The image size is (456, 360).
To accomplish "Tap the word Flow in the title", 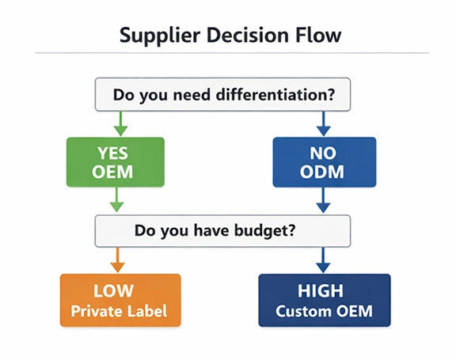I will pos(321,36).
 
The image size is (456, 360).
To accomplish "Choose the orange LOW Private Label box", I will pos(120,300).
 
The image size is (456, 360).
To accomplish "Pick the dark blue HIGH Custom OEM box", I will pos(324,300).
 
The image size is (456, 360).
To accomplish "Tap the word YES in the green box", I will pos(116,151).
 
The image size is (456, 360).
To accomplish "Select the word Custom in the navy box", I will pos(303,311).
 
